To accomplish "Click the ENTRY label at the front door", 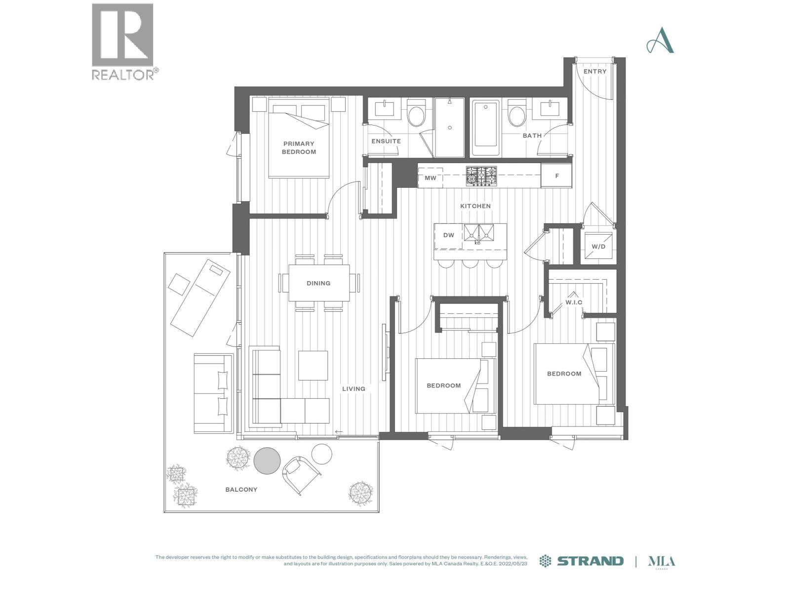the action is [594, 71].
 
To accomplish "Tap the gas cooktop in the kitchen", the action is [481, 176].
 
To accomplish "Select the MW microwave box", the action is [430, 177].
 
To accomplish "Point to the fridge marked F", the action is [556, 175].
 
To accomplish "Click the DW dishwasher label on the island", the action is [448, 235].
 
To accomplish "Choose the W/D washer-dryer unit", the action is [598, 246].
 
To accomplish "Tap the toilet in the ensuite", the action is [416, 113].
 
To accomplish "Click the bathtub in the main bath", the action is [485, 128].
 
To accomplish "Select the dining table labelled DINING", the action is [318, 283].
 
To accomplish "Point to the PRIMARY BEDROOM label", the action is [299, 148].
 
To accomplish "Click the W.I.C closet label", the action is [573, 302].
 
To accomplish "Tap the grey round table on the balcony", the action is [267, 461].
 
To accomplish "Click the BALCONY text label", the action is [241, 489].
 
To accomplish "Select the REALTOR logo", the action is [123, 42].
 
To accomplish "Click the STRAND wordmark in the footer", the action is [590, 560].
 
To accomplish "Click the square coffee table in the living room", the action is [313, 366].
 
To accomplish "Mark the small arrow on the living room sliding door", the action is [339, 432].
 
